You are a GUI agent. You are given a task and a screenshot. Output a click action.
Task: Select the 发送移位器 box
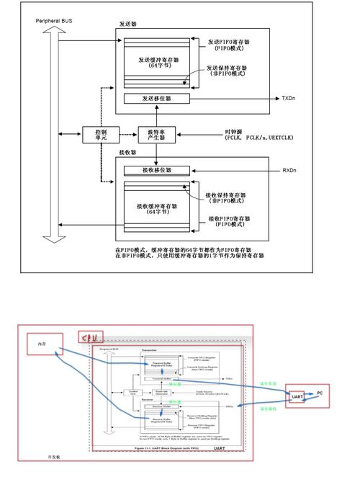point(156,97)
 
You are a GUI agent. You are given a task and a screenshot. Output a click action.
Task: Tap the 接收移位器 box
point(156,170)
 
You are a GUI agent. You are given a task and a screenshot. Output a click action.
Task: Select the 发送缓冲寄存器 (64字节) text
point(156,62)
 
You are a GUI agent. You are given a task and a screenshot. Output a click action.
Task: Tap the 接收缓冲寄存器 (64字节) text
point(156,209)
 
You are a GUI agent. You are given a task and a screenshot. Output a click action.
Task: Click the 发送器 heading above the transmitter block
point(127,24)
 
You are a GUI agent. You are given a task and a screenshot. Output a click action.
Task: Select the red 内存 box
point(42,346)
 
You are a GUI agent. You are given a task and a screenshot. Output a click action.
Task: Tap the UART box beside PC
point(297,396)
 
